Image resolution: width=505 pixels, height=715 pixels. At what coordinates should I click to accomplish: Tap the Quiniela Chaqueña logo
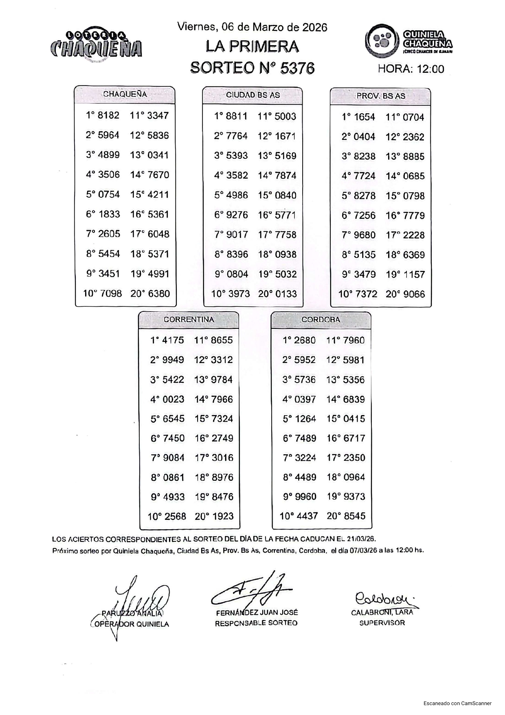click(x=408, y=41)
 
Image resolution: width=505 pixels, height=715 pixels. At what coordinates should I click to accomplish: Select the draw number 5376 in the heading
click(x=297, y=68)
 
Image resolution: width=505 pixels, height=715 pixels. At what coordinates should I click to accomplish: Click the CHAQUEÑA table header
click(x=125, y=95)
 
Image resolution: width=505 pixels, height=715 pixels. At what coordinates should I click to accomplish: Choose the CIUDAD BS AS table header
click(x=253, y=95)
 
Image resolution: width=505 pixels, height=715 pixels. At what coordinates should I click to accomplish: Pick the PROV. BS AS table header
click(x=381, y=96)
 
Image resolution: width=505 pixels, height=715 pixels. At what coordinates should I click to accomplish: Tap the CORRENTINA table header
click(x=189, y=320)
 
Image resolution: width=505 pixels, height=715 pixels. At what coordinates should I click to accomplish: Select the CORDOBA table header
click(x=321, y=320)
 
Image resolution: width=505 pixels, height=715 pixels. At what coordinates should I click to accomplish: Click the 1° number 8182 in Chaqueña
click(x=108, y=115)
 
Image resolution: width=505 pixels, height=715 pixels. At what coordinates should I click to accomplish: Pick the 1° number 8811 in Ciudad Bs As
click(x=236, y=116)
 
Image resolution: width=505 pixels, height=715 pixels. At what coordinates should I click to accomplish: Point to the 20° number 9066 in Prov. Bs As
click(x=413, y=294)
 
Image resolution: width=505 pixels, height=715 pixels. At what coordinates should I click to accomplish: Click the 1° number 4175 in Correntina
click(x=173, y=340)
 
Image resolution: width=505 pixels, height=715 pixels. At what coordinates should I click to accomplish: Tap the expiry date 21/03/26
click(x=362, y=539)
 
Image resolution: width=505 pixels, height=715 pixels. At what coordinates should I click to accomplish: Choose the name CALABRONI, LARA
click(x=382, y=612)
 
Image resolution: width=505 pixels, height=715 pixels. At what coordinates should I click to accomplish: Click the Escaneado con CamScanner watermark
click(x=457, y=703)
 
